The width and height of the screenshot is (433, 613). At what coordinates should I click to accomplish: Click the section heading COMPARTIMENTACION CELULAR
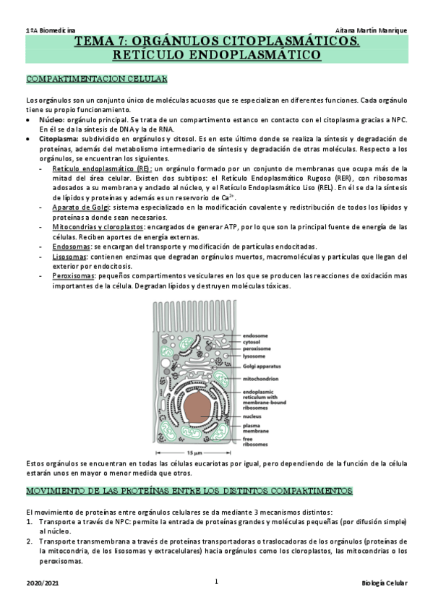(x=96, y=78)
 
